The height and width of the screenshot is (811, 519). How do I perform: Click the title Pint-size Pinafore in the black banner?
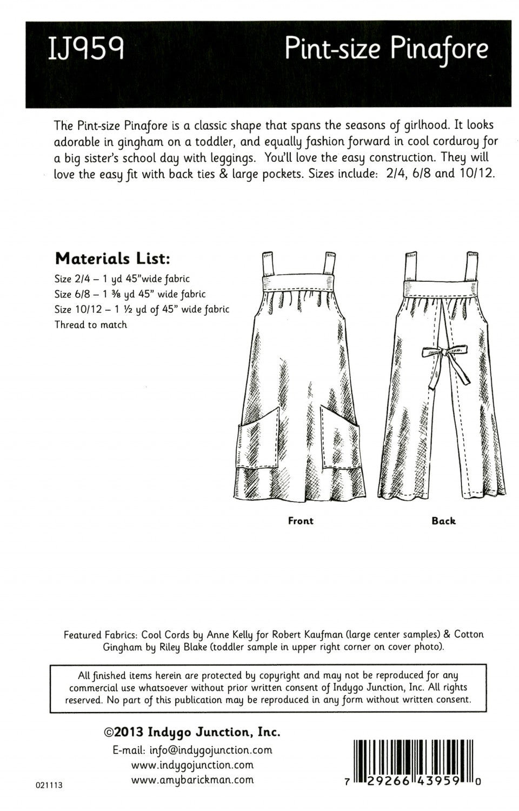[x=387, y=50]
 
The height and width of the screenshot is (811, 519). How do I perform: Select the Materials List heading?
[x=112, y=259]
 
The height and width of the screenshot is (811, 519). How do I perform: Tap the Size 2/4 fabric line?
[x=122, y=280]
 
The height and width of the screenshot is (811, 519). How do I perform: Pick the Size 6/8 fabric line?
[x=130, y=295]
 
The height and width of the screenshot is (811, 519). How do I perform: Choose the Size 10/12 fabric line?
[x=142, y=310]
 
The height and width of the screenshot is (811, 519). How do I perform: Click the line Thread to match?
[x=90, y=325]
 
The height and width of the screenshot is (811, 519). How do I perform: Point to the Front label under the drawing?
[x=301, y=521]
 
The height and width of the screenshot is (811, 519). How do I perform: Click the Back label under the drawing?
[x=443, y=521]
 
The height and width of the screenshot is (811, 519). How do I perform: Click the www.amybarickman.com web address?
[x=192, y=780]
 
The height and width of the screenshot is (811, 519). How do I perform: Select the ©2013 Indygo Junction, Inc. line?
[x=191, y=733]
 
